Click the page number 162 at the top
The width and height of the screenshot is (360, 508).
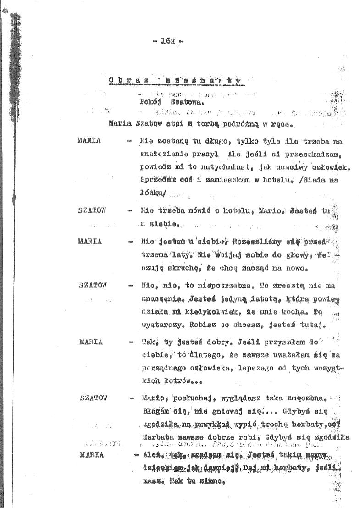(167, 41)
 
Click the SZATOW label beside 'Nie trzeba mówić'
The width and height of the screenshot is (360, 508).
(92, 210)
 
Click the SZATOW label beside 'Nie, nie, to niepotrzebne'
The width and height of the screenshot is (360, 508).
(92, 285)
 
